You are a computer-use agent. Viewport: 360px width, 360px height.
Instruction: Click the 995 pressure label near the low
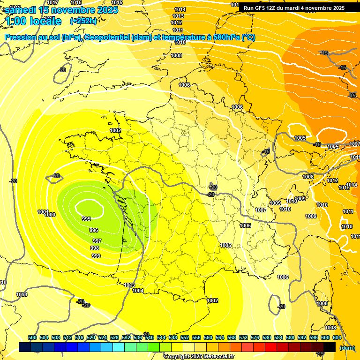pyautogui.click(x=86, y=219)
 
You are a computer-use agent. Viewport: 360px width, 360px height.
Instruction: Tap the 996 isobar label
pyautogui.click(x=94, y=230)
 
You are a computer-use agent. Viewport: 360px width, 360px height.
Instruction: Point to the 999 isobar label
pyautogui.click(x=96, y=256)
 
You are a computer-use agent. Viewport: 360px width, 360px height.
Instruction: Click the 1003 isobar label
pyautogui.click(x=129, y=285)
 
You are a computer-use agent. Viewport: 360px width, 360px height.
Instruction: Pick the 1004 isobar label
pyautogui.click(x=138, y=291)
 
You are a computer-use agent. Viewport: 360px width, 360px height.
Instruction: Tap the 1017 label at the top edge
pyautogui.click(x=52, y=3)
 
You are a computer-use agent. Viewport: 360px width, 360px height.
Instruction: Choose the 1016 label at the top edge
pyautogui.click(x=76, y=3)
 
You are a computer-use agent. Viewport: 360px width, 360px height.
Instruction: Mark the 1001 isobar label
pyautogui.click(x=43, y=212)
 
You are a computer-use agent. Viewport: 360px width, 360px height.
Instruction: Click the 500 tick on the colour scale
pyautogui.click(x=32, y=337)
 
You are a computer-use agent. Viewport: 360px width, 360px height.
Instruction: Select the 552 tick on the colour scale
pyautogui.click(x=185, y=337)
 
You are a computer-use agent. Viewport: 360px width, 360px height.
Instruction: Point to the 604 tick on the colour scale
pyautogui.click(x=337, y=337)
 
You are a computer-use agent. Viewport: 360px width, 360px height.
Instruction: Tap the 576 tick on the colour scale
pyautogui.click(x=255, y=337)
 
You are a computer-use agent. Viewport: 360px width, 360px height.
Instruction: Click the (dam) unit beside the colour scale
pyautogui.click(x=346, y=348)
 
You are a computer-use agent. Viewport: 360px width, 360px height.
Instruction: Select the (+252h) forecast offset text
pyautogui.click(x=83, y=21)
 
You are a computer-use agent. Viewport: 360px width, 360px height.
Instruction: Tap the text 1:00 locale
pyautogui.click(x=33, y=21)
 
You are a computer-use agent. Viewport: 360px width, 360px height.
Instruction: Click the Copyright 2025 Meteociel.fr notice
pyautogui.click(x=199, y=357)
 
